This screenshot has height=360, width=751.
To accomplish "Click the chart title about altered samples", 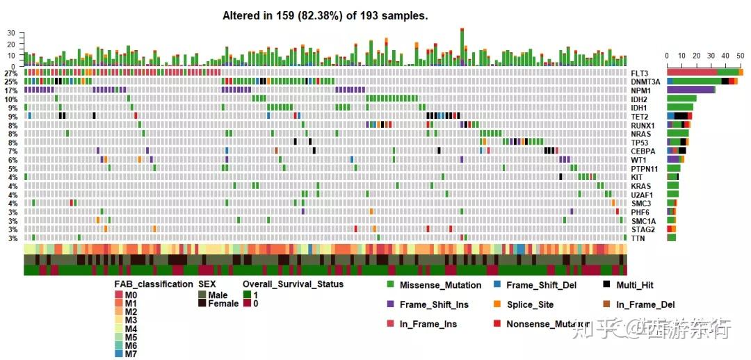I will tap(325, 15).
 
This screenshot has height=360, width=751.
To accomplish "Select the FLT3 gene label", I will tap(639, 73).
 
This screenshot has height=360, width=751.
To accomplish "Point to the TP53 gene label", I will tap(639, 142).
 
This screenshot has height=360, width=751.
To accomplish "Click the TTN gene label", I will tap(638, 238).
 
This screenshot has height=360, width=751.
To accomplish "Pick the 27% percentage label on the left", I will tap(10, 73).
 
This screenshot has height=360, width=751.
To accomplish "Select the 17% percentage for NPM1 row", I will tap(10, 90).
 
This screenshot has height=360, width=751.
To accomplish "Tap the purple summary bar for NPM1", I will tap(691, 90).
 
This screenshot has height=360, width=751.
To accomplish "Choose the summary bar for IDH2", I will tap(681, 99).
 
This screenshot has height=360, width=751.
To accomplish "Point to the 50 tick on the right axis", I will tap(741, 56).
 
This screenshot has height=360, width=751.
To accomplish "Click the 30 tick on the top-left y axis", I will tap(10, 33).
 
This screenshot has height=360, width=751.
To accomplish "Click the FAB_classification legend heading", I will tap(154, 284).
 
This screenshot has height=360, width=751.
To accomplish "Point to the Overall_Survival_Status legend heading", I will tap(293, 284).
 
